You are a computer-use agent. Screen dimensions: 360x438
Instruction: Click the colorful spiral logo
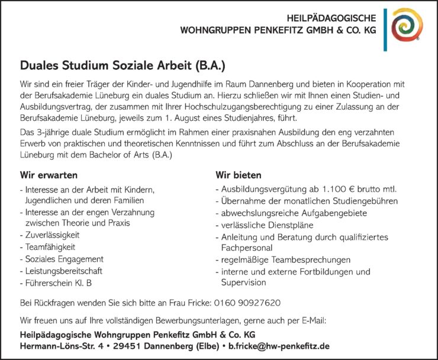(x=407, y=25)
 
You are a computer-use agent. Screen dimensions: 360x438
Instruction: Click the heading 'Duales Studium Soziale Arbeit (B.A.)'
(x=123, y=63)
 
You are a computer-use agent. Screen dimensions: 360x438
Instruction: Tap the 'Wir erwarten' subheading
(x=49, y=175)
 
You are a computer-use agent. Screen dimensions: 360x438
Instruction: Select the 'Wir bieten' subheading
(x=239, y=175)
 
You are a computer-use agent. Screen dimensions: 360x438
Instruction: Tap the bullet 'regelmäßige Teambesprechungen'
(x=285, y=260)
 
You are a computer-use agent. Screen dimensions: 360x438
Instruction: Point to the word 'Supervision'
(x=244, y=282)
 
